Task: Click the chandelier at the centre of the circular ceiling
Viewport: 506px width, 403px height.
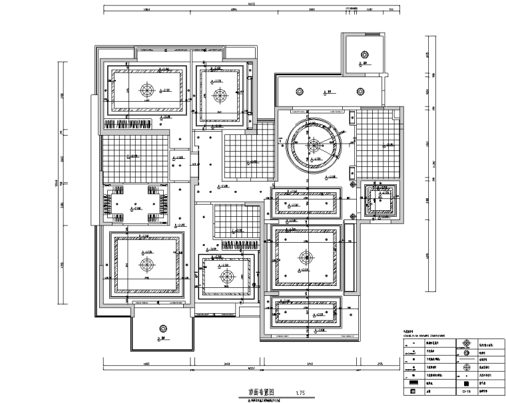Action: pyautogui.click(x=313, y=143)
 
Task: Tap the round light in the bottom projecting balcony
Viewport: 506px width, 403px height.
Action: pyautogui.click(x=161, y=328)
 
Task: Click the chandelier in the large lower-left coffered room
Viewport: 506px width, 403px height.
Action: pyautogui.click(x=147, y=264)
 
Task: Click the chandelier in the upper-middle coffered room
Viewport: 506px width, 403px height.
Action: pyautogui.click(x=220, y=94)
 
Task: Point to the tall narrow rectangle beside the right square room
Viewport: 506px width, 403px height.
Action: pyautogui.click(x=349, y=258)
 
